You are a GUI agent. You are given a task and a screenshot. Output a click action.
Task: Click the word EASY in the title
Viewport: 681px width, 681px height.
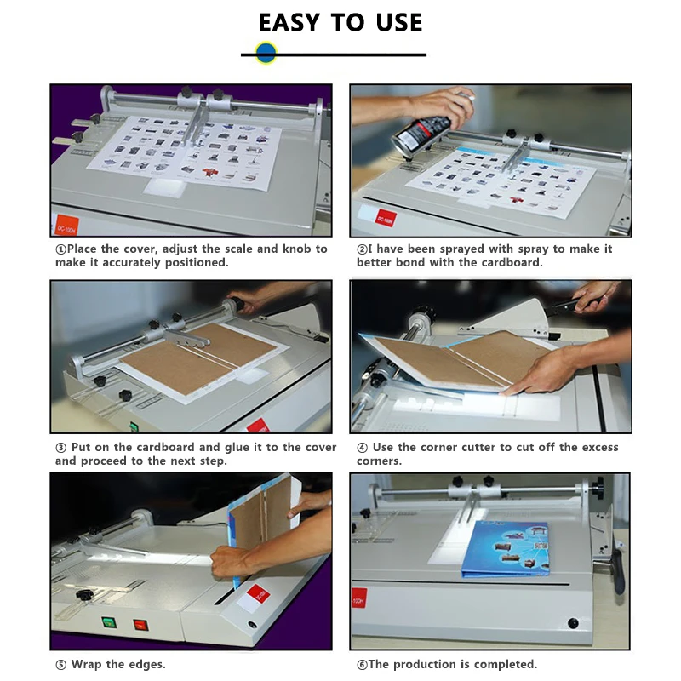pyautogui.click(x=289, y=23)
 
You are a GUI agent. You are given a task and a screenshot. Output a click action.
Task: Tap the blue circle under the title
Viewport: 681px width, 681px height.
pyautogui.click(x=266, y=53)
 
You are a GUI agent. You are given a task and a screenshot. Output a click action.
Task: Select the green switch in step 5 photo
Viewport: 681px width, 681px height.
pyautogui.click(x=109, y=622)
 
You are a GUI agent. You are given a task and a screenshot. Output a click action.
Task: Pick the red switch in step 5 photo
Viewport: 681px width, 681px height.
pyautogui.click(x=140, y=625)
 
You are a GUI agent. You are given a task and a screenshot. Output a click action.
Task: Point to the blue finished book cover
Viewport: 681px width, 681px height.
pyautogui.click(x=505, y=549)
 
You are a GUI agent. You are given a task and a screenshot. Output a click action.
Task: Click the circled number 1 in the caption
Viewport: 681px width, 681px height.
pyautogui.click(x=60, y=249)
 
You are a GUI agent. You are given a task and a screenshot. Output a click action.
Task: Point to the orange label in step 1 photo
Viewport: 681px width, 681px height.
pyautogui.click(x=67, y=225)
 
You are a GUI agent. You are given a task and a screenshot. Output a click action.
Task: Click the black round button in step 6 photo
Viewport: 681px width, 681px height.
pyautogui.click(x=573, y=623)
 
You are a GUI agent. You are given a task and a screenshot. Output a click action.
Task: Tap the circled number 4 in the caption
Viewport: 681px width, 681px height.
pyautogui.click(x=363, y=448)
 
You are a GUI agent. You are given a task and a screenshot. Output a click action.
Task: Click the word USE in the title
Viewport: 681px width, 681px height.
pyautogui.click(x=399, y=23)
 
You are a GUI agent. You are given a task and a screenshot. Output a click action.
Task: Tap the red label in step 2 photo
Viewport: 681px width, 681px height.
pyautogui.click(x=386, y=218)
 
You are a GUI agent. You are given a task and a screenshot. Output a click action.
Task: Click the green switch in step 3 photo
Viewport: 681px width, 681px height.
pyautogui.click(x=134, y=426)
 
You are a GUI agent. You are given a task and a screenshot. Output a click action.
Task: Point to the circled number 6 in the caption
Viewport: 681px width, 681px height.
pyautogui.click(x=363, y=665)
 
